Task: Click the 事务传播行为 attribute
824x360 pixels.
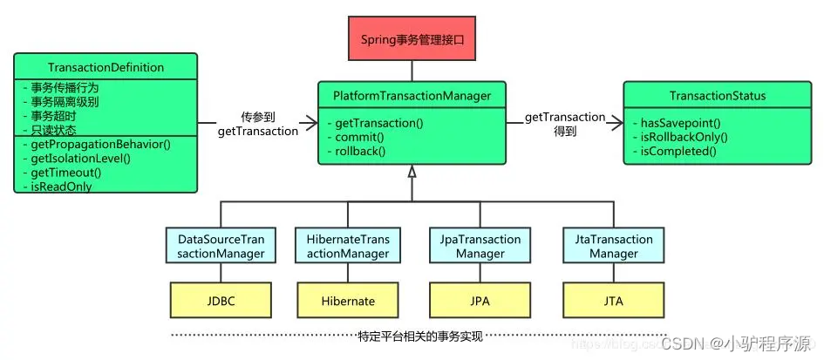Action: (x=60, y=87)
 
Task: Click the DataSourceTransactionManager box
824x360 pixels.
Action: (x=221, y=247)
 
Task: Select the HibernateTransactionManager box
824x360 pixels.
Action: (x=349, y=247)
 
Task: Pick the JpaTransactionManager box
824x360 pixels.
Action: (x=480, y=247)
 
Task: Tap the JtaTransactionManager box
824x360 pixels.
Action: (x=613, y=247)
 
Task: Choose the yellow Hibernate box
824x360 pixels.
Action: (x=348, y=301)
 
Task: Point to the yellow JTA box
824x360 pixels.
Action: (x=613, y=301)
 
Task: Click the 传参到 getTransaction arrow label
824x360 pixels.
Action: (x=258, y=124)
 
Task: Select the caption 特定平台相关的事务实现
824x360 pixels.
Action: (x=420, y=336)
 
